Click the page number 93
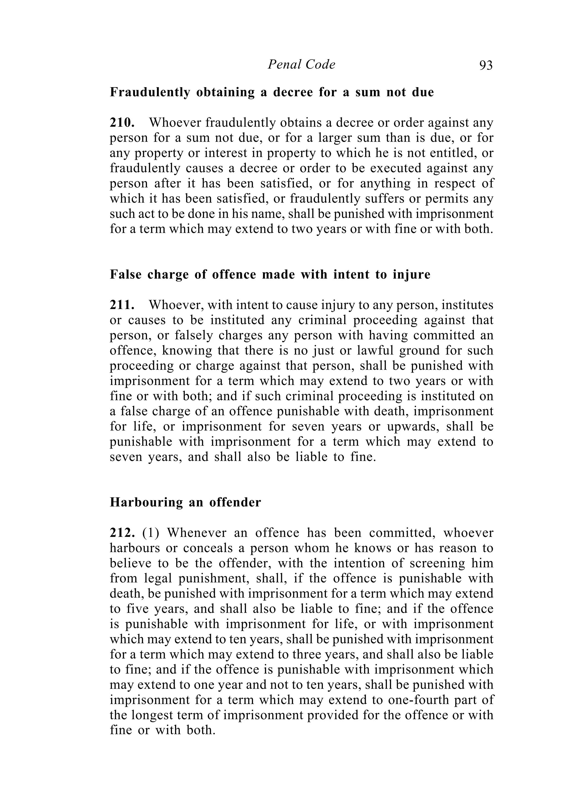(486, 65)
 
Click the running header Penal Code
(301, 65)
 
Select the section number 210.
(122, 122)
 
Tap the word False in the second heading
(124, 274)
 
